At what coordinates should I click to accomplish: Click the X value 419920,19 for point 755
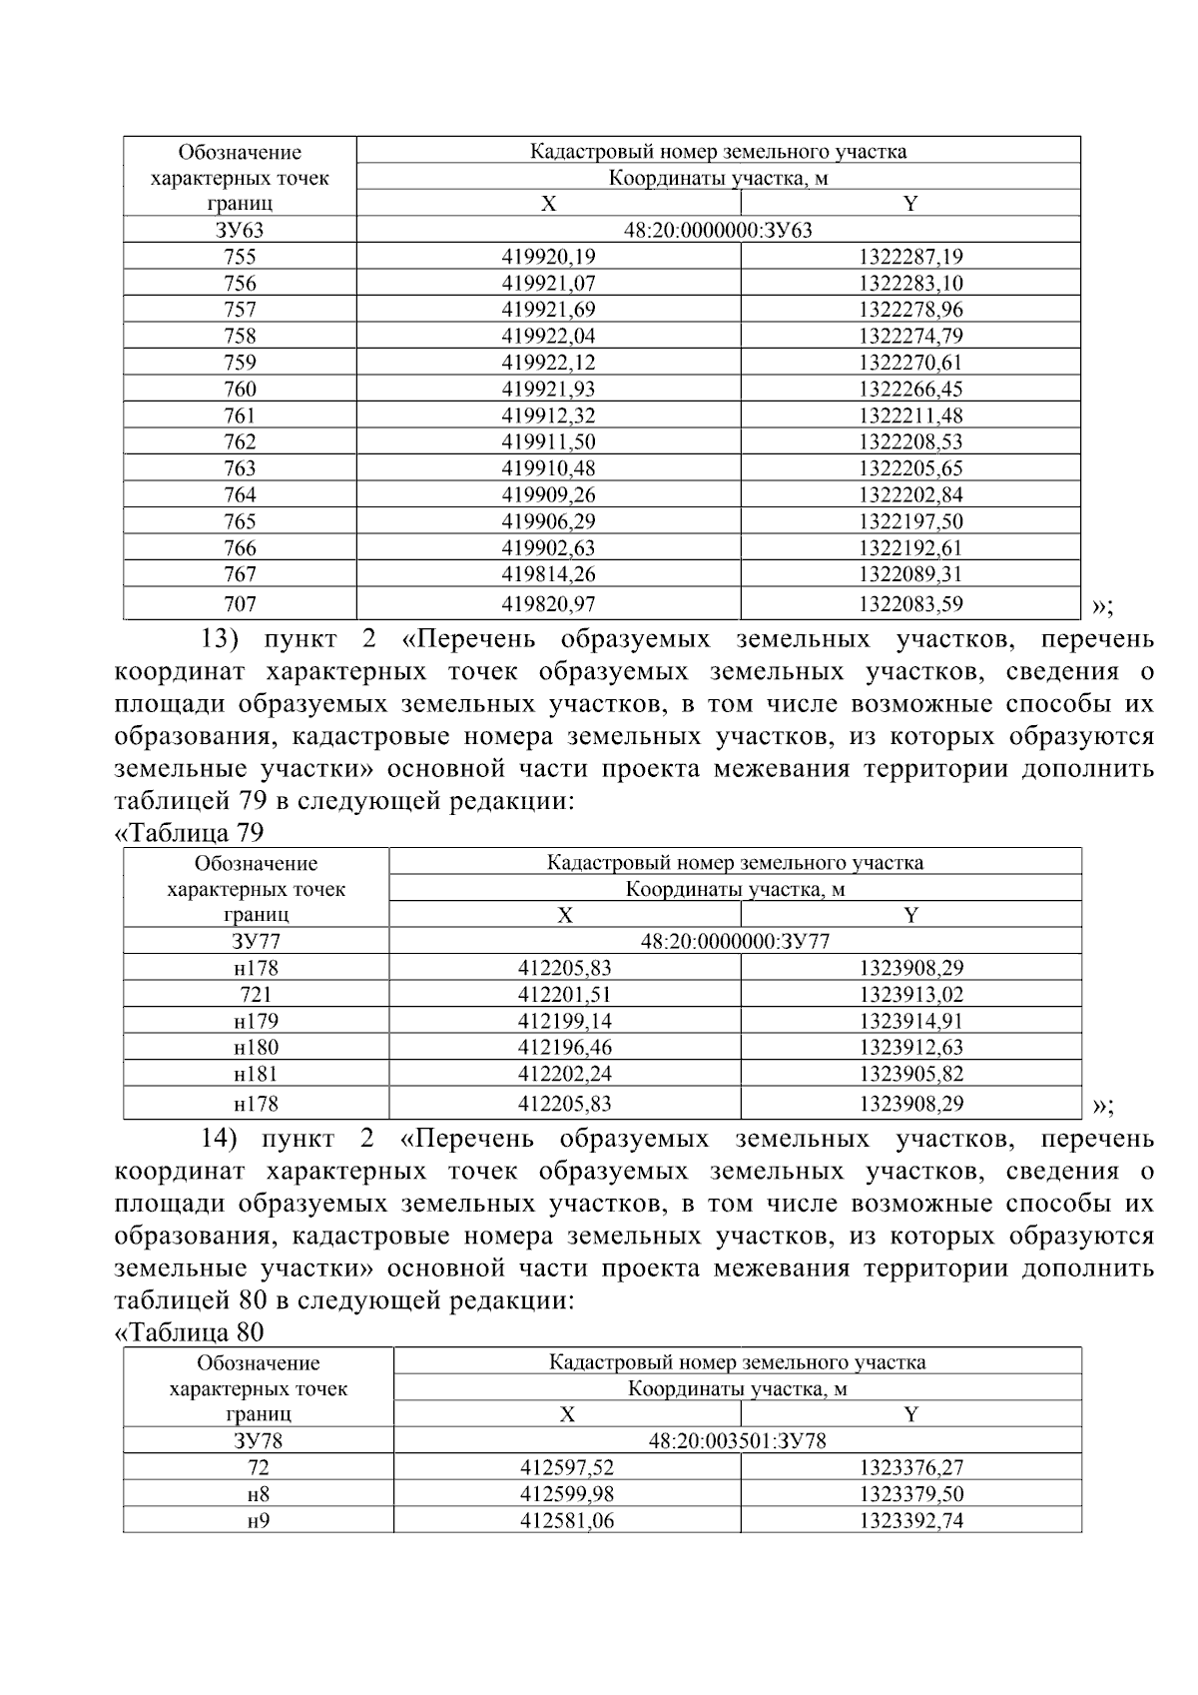point(548,257)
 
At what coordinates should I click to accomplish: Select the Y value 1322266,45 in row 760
point(910,389)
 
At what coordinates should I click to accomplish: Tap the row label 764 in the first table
point(240,494)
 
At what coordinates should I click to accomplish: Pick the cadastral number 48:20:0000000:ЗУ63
point(718,230)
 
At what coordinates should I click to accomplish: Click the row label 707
point(240,603)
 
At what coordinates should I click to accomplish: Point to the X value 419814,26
point(548,574)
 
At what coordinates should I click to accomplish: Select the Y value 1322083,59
point(910,603)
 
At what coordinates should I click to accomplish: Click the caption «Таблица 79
point(190,832)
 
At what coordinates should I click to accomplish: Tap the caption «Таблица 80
point(190,1331)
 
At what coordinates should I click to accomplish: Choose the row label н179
point(257,1021)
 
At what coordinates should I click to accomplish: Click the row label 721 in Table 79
point(257,994)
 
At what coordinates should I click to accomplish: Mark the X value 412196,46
point(565,1047)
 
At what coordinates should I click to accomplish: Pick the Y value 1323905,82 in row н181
point(910,1074)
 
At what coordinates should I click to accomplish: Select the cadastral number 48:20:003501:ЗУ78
point(737,1440)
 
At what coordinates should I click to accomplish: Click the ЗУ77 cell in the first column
point(257,941)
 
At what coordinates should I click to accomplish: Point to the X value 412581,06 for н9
point(567,1520)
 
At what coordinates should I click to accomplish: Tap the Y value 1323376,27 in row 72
point(910,1467)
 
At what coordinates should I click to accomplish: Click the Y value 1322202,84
point(910,494)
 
